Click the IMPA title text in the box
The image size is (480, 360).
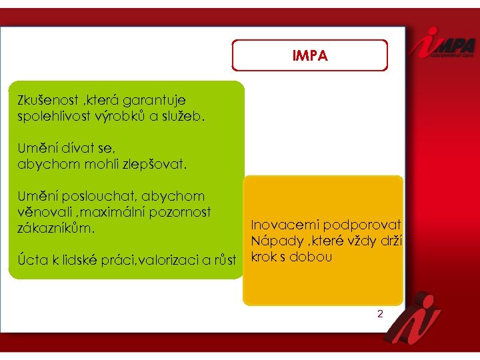pos(309,56)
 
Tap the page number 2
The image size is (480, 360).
pos(380,313)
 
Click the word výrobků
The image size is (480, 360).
pos(120,116)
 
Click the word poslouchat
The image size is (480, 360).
pos(95,196)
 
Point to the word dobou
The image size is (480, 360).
pos(309,257)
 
